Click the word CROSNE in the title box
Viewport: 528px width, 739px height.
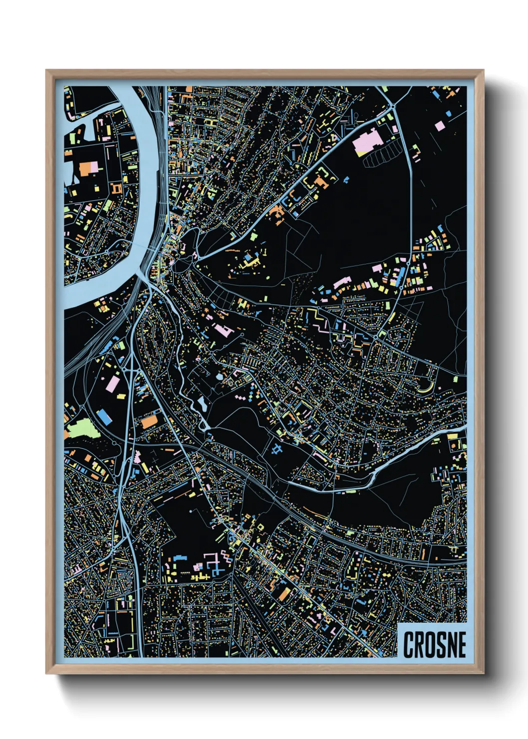[434, 645]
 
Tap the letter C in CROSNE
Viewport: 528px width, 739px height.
[409, 645]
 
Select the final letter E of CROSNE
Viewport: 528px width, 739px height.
[461, 645]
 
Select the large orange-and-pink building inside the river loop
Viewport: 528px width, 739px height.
[89, 168]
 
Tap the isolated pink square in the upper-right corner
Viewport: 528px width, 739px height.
[439, 126]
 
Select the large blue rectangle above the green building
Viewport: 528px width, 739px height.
[104, 416]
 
